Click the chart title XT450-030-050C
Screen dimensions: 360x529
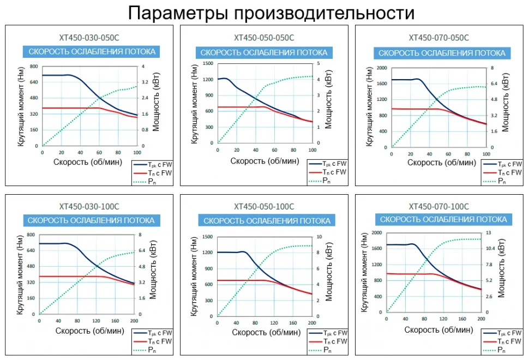click(x=89, y=38)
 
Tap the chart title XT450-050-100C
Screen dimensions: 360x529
click(x=264, y=207)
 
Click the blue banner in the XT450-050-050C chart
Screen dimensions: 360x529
click(x=264, y=52)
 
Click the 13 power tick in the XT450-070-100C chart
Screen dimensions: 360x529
click(x=489, y=233)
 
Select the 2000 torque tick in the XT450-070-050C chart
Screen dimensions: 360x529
click(x=381, y=68)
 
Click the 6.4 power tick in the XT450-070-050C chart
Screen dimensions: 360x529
click(x=494, y=84)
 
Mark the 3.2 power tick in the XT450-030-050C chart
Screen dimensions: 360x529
click(x=147, y=82)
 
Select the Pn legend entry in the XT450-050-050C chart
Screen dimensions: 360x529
click(x=326, y=180)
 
